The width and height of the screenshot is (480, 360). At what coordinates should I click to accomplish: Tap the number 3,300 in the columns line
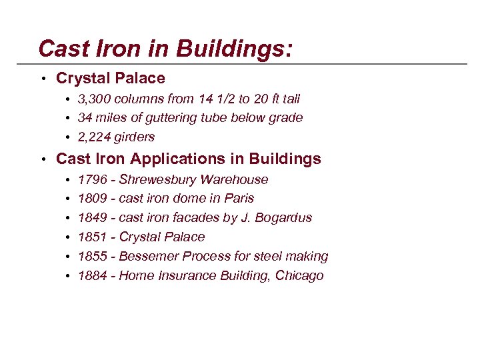point(93,99)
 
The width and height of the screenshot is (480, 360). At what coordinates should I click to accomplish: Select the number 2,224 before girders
point(93,137)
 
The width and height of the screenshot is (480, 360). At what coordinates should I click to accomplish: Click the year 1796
point(92,179)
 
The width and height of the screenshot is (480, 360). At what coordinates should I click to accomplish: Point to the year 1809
point(92,199)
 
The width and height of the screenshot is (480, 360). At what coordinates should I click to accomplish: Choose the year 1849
point(92,218)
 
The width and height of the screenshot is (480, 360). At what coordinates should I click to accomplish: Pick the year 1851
point(92,237)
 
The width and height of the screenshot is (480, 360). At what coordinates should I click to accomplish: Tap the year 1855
point(92,257)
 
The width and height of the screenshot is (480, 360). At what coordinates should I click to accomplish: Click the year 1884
point(92,276)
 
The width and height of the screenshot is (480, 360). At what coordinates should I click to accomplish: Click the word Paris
point(239,199)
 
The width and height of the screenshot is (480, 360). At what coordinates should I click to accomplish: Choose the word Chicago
point(299,276)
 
